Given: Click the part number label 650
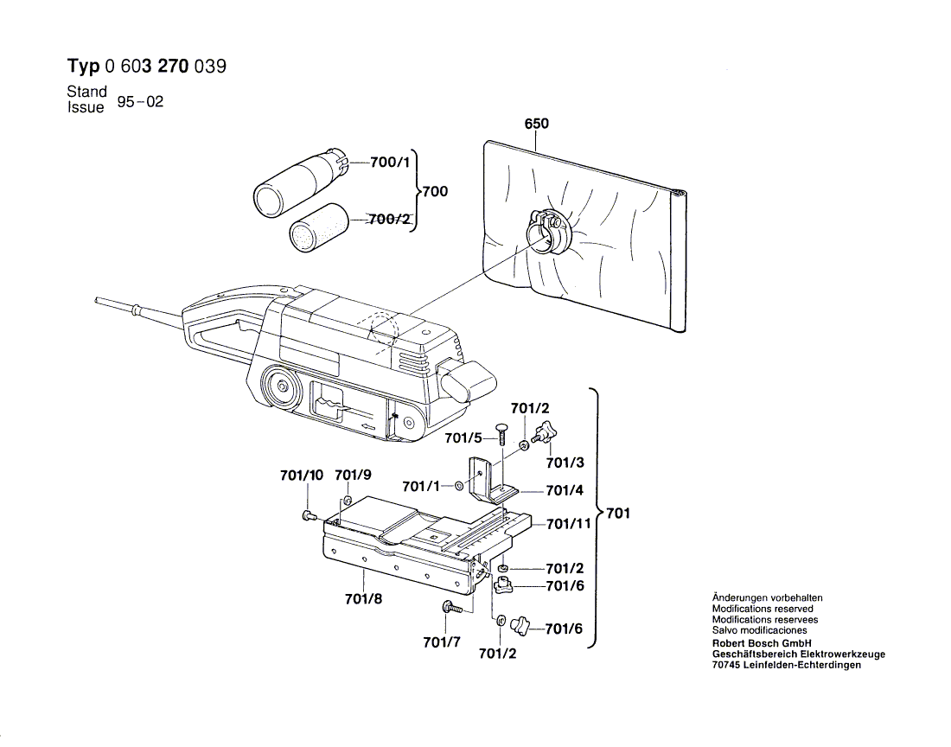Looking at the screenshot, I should tap(536, 124).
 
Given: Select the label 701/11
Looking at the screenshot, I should tap(568, 524).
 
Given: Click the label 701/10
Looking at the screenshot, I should tap(302, 475).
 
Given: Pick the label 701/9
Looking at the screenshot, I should tap(353, 475).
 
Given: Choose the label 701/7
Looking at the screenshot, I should tap(442, 642).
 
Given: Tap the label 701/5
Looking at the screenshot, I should tap(463, 438).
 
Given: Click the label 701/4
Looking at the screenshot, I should tap(565, 490).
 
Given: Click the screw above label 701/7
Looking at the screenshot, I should tap(451, 608).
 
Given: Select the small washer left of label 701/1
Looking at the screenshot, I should tap(458, 486).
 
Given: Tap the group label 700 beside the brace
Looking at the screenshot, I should tap(434, 191).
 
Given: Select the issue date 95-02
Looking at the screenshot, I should tap(140, 101).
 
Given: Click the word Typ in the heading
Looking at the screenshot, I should tap(83, 67).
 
